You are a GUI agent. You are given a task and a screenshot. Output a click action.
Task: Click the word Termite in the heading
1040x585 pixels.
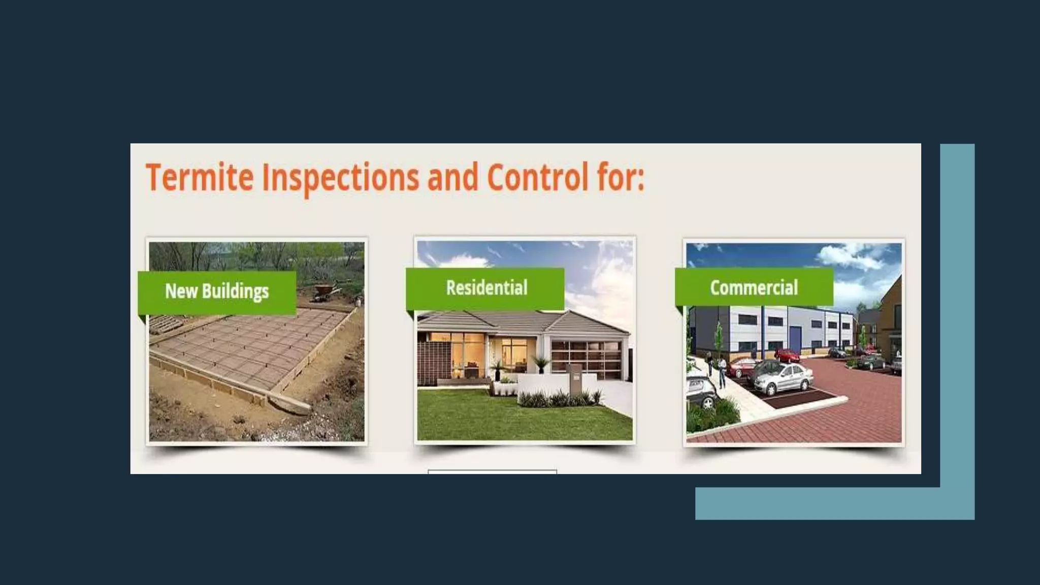click(x=200, y=177)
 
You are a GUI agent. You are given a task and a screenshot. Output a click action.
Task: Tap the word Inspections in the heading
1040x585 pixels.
click(x=340, y=177)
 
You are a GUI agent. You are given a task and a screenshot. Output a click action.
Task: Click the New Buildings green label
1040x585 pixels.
click(x=217, y=291)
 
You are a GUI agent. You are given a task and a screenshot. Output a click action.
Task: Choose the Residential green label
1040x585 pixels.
click(x=486, y=288)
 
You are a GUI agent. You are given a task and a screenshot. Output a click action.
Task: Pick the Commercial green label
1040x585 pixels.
click(x=754, y=288)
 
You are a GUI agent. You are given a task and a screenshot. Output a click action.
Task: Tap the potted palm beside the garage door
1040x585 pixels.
click(x=540, y=365)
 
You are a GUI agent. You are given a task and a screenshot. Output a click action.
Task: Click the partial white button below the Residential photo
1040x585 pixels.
click(x=492, y=472)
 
